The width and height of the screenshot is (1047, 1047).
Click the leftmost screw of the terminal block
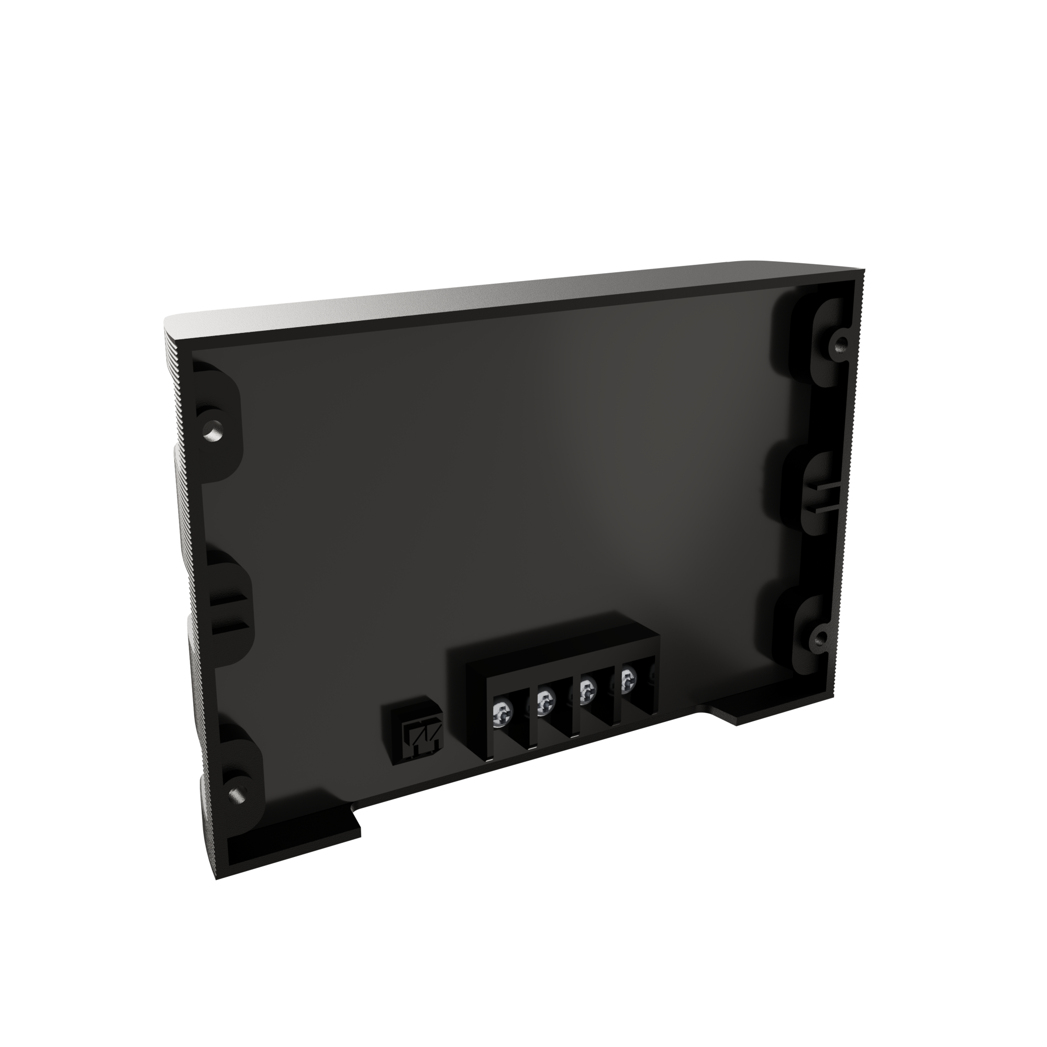503,716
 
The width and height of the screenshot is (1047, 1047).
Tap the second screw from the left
543,703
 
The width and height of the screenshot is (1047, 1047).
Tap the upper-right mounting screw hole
840,342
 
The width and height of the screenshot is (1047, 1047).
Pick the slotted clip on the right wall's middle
823,497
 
